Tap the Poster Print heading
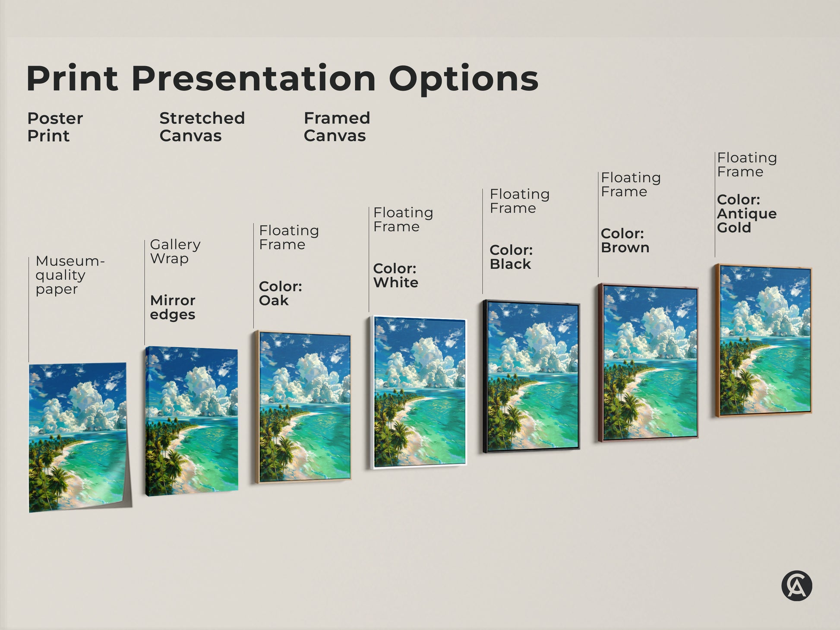tap(55, 127)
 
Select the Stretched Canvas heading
tap(202, 127)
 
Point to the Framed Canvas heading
tap(337, 127)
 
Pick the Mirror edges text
tap(173, 307)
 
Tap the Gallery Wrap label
tap(175, 251)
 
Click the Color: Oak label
tap(280, 293)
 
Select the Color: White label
tap(395, 275)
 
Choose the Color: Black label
tap(511, 257)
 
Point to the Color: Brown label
tap(625, 241)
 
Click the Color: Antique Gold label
tap(746, 214)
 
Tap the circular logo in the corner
tap(796, 586)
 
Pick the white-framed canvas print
tap(419, 392)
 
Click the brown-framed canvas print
tap(648, 363)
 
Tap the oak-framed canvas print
tap(303, 407)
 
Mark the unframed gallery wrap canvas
tap(192, 421)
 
